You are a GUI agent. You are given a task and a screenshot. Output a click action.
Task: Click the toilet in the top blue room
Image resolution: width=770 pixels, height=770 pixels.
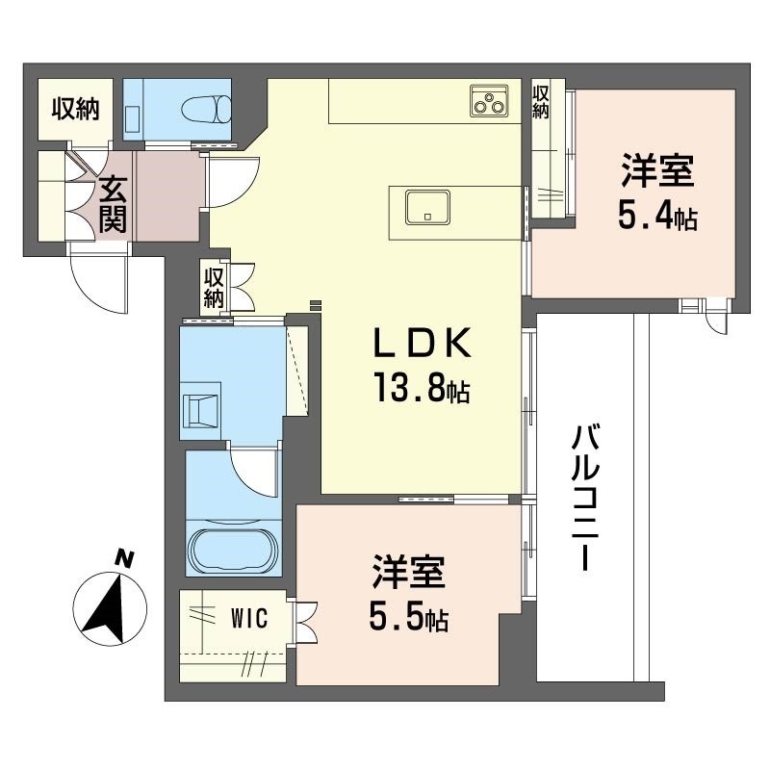tap(206, 109)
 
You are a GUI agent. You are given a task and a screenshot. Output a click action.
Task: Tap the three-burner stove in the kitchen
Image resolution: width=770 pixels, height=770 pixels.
tap(489, 101)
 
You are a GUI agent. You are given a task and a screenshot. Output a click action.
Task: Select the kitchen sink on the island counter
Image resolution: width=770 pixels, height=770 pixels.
tap(427, 208)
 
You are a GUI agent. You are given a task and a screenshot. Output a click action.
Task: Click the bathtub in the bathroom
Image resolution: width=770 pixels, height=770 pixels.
tap(234, 548)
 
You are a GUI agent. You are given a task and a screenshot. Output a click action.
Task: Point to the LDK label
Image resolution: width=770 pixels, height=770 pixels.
tap(423, 343)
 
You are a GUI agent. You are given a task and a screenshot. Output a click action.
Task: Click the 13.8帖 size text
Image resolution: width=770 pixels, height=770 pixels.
tap(423, 388)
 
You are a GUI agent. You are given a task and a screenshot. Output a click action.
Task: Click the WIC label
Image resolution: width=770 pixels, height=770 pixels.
tap(249, 618)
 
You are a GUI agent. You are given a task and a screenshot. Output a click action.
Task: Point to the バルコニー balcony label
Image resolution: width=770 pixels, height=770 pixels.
tap(585, 498)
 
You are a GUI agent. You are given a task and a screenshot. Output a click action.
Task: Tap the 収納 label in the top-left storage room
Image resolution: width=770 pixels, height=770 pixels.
tap(76, 109)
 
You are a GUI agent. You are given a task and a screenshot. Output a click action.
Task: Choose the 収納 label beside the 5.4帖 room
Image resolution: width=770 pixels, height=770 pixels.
tap(541, 102)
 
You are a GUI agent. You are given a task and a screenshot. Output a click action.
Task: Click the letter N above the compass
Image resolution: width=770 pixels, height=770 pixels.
tap(124, 560)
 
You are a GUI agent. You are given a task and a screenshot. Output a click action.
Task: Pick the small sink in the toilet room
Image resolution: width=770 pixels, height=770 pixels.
tap(133, 118)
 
